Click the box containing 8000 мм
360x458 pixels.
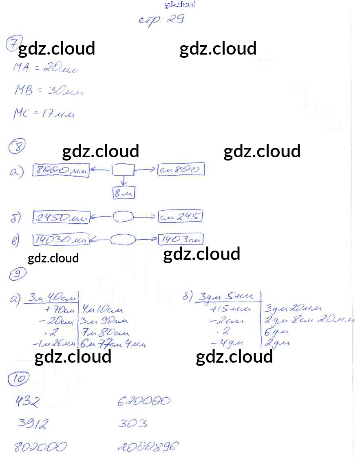point(61,171)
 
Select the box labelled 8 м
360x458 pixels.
point(124,194)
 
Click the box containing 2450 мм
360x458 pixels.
point(61,218)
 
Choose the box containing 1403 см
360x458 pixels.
point(181,239)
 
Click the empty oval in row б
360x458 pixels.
point(124,218)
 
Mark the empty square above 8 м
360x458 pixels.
point(124,170)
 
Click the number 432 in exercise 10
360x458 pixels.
point(28,402)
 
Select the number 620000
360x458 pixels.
point(143,402)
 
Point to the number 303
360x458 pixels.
point(133,424)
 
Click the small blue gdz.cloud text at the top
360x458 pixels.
point(180,4)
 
